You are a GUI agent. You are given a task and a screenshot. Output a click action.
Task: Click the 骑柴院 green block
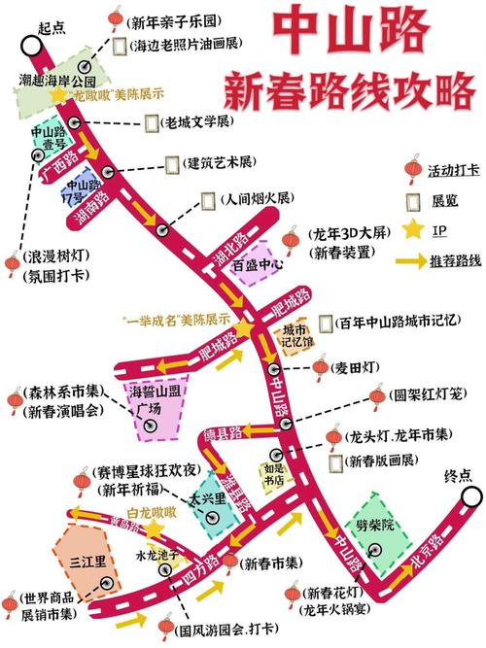tap(373, 525)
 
